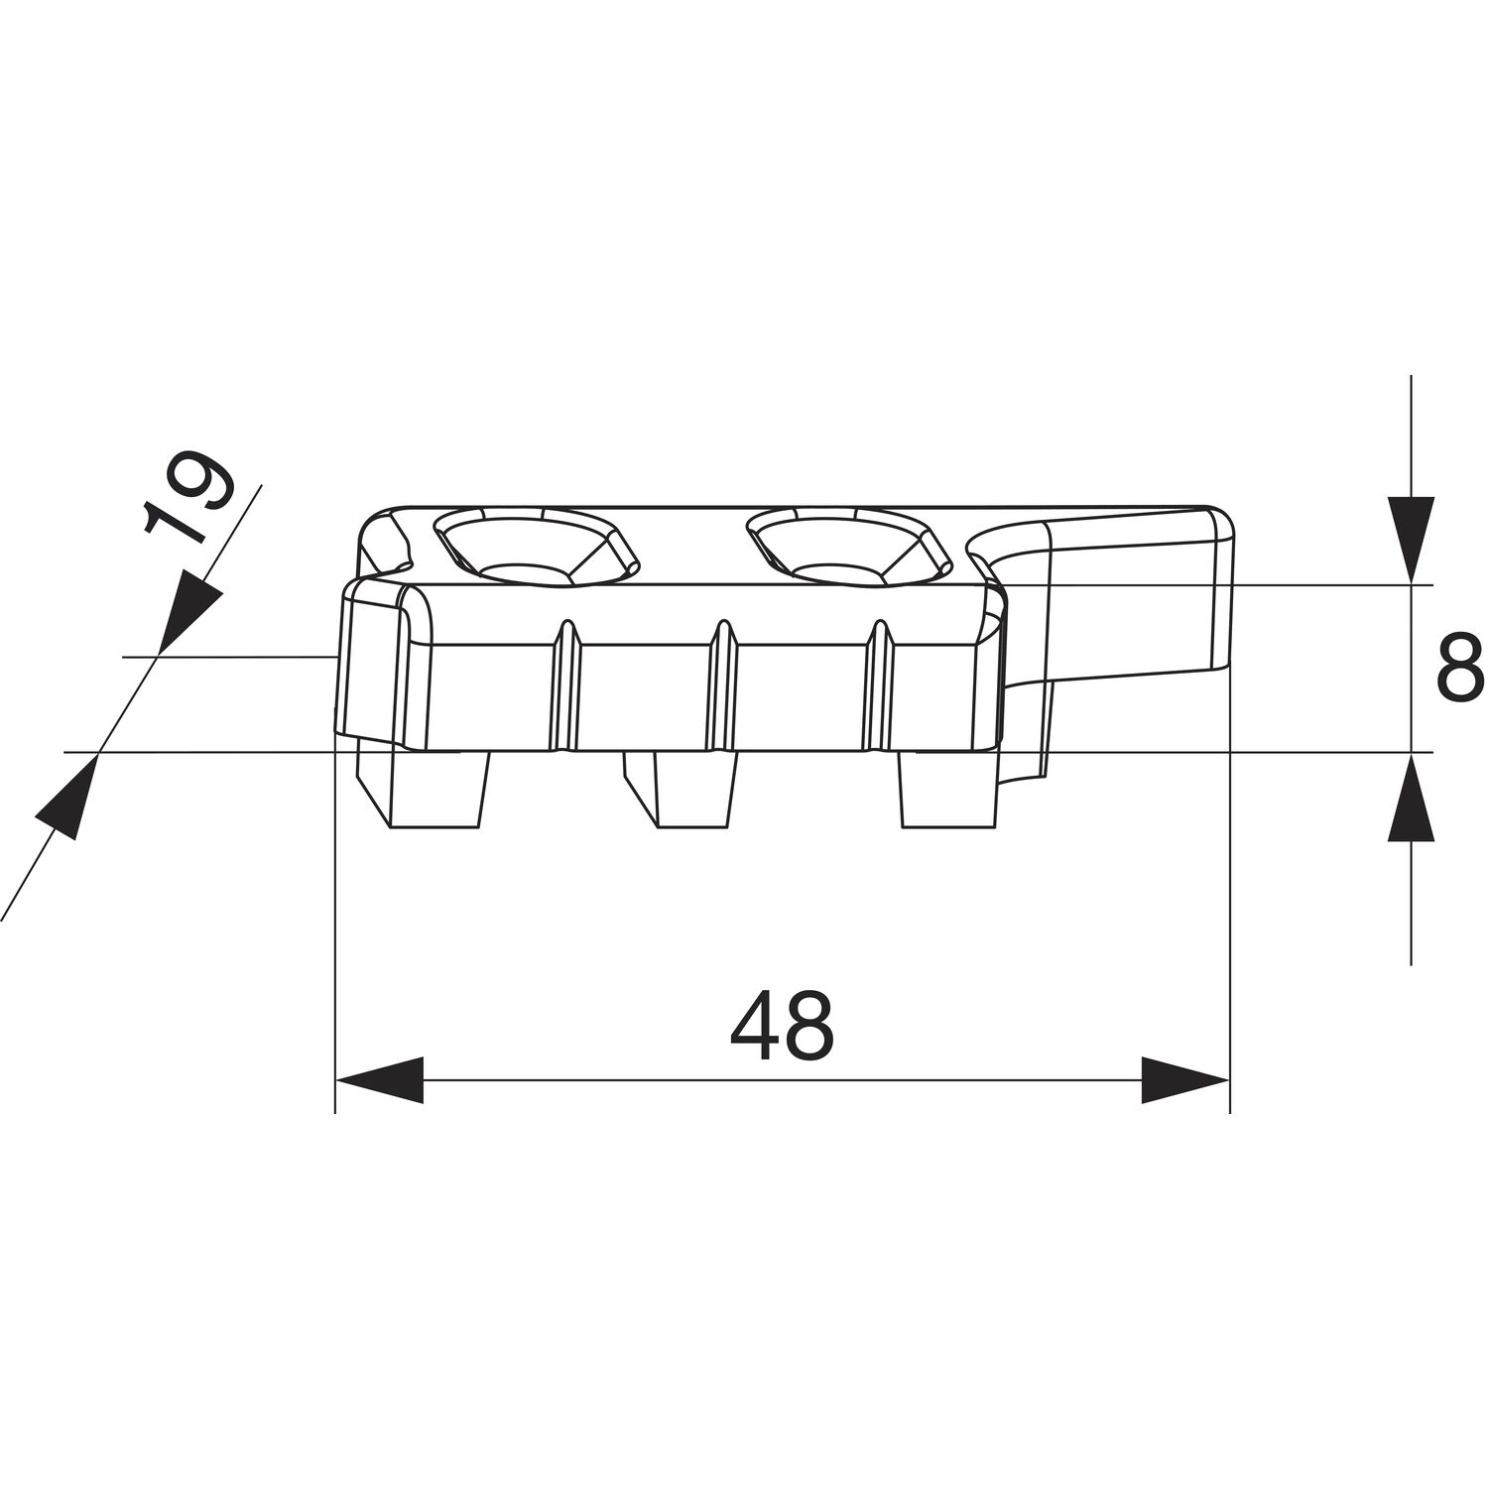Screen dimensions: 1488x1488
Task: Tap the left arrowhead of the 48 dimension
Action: coord(379,1079)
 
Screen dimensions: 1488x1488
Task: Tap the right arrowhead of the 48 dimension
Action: coord(1185,1079)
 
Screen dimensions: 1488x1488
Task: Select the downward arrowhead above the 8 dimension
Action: coord(1410,540)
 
